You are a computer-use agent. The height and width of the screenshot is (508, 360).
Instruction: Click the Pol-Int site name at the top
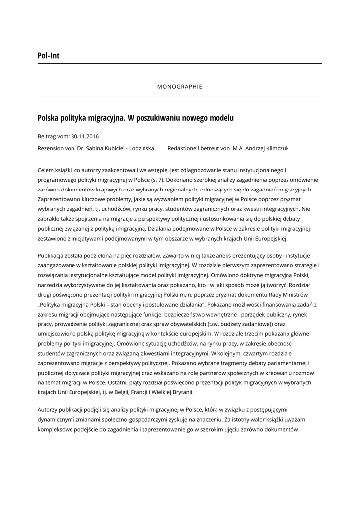48,55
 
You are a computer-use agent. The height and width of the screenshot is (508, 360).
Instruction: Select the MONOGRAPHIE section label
180,86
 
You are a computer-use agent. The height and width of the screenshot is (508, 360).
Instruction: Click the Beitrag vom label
53,136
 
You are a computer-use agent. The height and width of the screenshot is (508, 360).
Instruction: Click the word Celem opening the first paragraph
46,170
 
